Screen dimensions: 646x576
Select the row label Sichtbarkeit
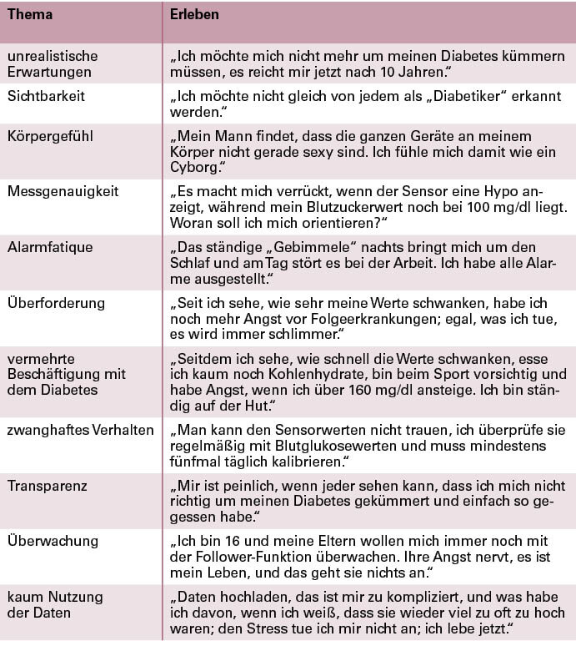(47, 96)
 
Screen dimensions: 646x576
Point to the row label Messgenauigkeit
(63, 191)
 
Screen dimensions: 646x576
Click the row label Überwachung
(52, 540)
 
